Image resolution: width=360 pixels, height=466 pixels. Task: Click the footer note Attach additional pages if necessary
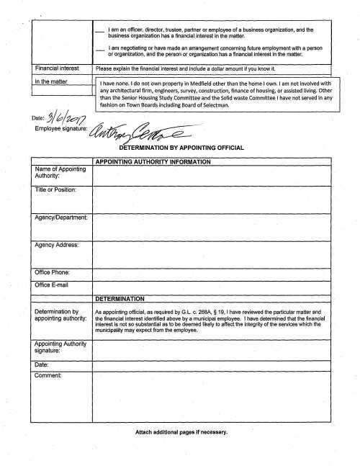tap(181, 432)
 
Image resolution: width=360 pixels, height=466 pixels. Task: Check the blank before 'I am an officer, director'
tap(101, 31)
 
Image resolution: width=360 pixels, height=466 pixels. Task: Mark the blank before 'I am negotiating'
tap(101, 49)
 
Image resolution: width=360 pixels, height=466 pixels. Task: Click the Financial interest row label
tap(58, 68)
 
